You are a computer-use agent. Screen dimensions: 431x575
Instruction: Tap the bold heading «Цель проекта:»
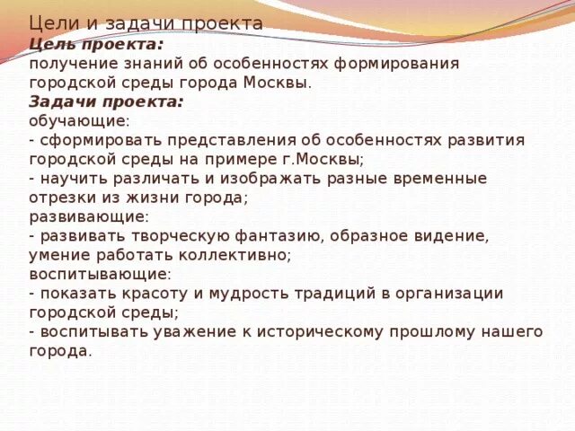coord(96,44)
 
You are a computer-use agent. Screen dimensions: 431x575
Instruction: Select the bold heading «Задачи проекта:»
coord(106,102)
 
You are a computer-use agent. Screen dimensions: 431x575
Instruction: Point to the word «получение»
coord(66,64)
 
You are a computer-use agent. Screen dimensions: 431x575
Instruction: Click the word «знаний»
coord(142,64)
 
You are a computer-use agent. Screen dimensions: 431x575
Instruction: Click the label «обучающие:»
coord(79,121)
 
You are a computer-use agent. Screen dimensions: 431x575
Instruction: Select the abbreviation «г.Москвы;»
coord(321,160)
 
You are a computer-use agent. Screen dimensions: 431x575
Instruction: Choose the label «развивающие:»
coord(89,217)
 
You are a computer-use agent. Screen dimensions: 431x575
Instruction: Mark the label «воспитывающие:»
coord(100,274)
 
